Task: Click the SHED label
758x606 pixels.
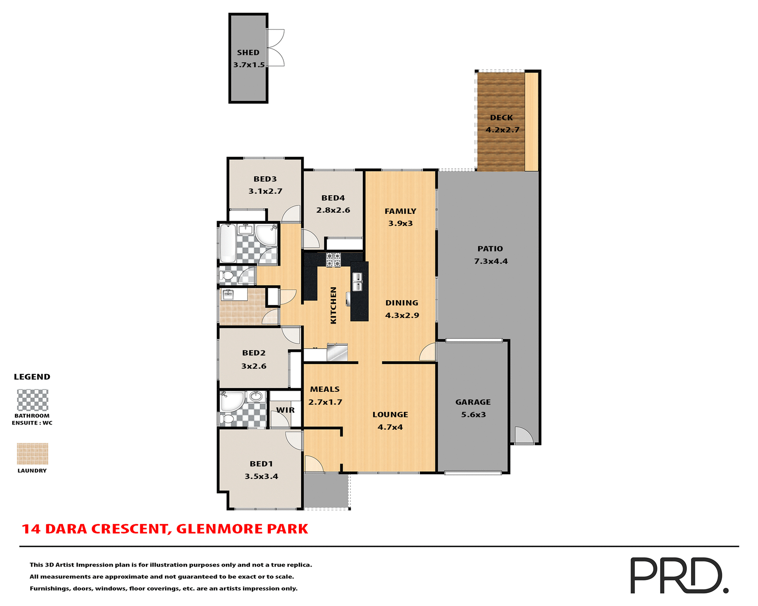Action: (248, 52)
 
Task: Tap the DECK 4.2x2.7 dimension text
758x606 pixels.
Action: (502, 130)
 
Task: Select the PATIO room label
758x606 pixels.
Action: (490, 249)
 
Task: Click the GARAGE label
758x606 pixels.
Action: (473, 402)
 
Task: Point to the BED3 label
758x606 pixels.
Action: (265, 179)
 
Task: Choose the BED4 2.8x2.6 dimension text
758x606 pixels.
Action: (333, 210)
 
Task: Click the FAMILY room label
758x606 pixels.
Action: (400, 211)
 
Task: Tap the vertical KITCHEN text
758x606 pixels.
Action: (333, 305)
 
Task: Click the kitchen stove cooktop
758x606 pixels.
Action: (333, 260)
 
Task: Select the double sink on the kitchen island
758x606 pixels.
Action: (357, 282)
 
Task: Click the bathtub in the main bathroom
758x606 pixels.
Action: (227, 243)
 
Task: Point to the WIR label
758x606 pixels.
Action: (285, 410)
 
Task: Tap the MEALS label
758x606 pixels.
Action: (325, 389)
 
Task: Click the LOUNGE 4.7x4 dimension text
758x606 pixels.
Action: (390, 427)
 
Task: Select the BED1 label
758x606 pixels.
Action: (261, 464)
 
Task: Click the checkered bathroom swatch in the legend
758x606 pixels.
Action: (32, 400)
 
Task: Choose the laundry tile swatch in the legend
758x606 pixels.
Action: (32, 453)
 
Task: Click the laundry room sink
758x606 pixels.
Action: (228, 294)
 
